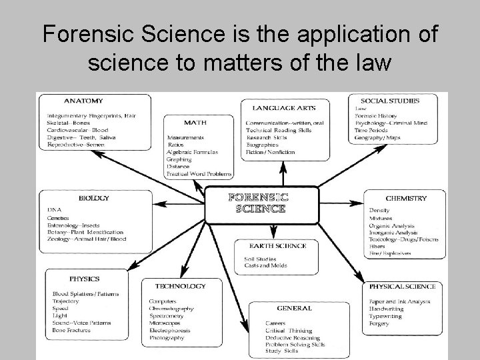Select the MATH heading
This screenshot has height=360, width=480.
tap(194, 122)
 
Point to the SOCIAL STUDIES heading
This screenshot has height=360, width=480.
tap(395, 101)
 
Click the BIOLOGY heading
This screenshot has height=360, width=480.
tap(93, 198)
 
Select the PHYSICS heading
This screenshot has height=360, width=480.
tap(84, 279)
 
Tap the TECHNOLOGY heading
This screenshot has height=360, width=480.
tap(180, 286)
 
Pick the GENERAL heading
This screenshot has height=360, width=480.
tap(293, 308)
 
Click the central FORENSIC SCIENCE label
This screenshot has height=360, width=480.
tap(259, 203)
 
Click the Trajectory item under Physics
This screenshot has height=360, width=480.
tap(65, 301)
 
